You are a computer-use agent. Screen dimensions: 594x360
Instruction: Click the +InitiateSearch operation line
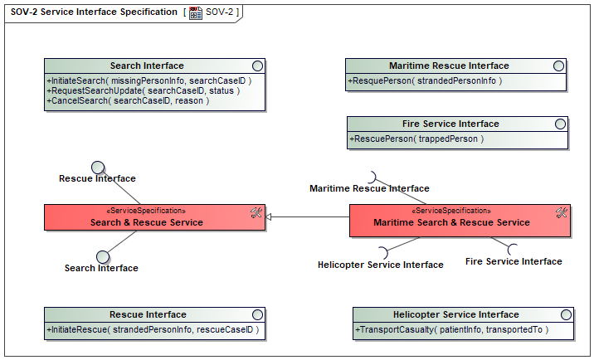tap(148, 80)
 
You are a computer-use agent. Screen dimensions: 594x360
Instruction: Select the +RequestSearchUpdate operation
tap(144, 91)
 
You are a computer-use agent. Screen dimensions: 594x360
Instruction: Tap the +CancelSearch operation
tap(128, 101)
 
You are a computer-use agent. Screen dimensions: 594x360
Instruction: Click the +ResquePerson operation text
tap(425, 80)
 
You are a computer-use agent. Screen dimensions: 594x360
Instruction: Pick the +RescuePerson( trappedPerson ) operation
tap(416, 139)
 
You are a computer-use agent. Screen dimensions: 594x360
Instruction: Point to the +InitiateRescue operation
tap(153, 329)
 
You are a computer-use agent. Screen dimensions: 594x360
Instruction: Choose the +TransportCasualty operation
tap(452, 329)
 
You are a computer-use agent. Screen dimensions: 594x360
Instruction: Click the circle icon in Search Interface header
tap(258, 66)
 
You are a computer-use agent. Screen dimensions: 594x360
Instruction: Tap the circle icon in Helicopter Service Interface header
tap(566, 315)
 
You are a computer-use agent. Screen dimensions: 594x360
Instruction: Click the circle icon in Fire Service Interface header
tap(560, 124)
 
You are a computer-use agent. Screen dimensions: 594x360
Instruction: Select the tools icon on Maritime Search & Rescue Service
tap(562, 212)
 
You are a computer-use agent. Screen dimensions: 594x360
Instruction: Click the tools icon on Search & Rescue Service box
tap(256, 212)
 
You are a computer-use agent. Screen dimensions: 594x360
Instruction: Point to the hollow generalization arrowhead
tap(268, 217)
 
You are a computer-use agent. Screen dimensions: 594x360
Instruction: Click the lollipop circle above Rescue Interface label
tap(98, 167)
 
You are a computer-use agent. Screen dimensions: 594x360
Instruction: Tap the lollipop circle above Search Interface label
tap(103, 257)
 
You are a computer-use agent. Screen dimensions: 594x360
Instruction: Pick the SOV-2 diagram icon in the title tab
tap(196, 13)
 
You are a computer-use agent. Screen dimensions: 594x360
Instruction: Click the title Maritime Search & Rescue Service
tap(451, 222)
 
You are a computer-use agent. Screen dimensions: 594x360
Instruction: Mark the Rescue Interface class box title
tap(148, 315)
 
